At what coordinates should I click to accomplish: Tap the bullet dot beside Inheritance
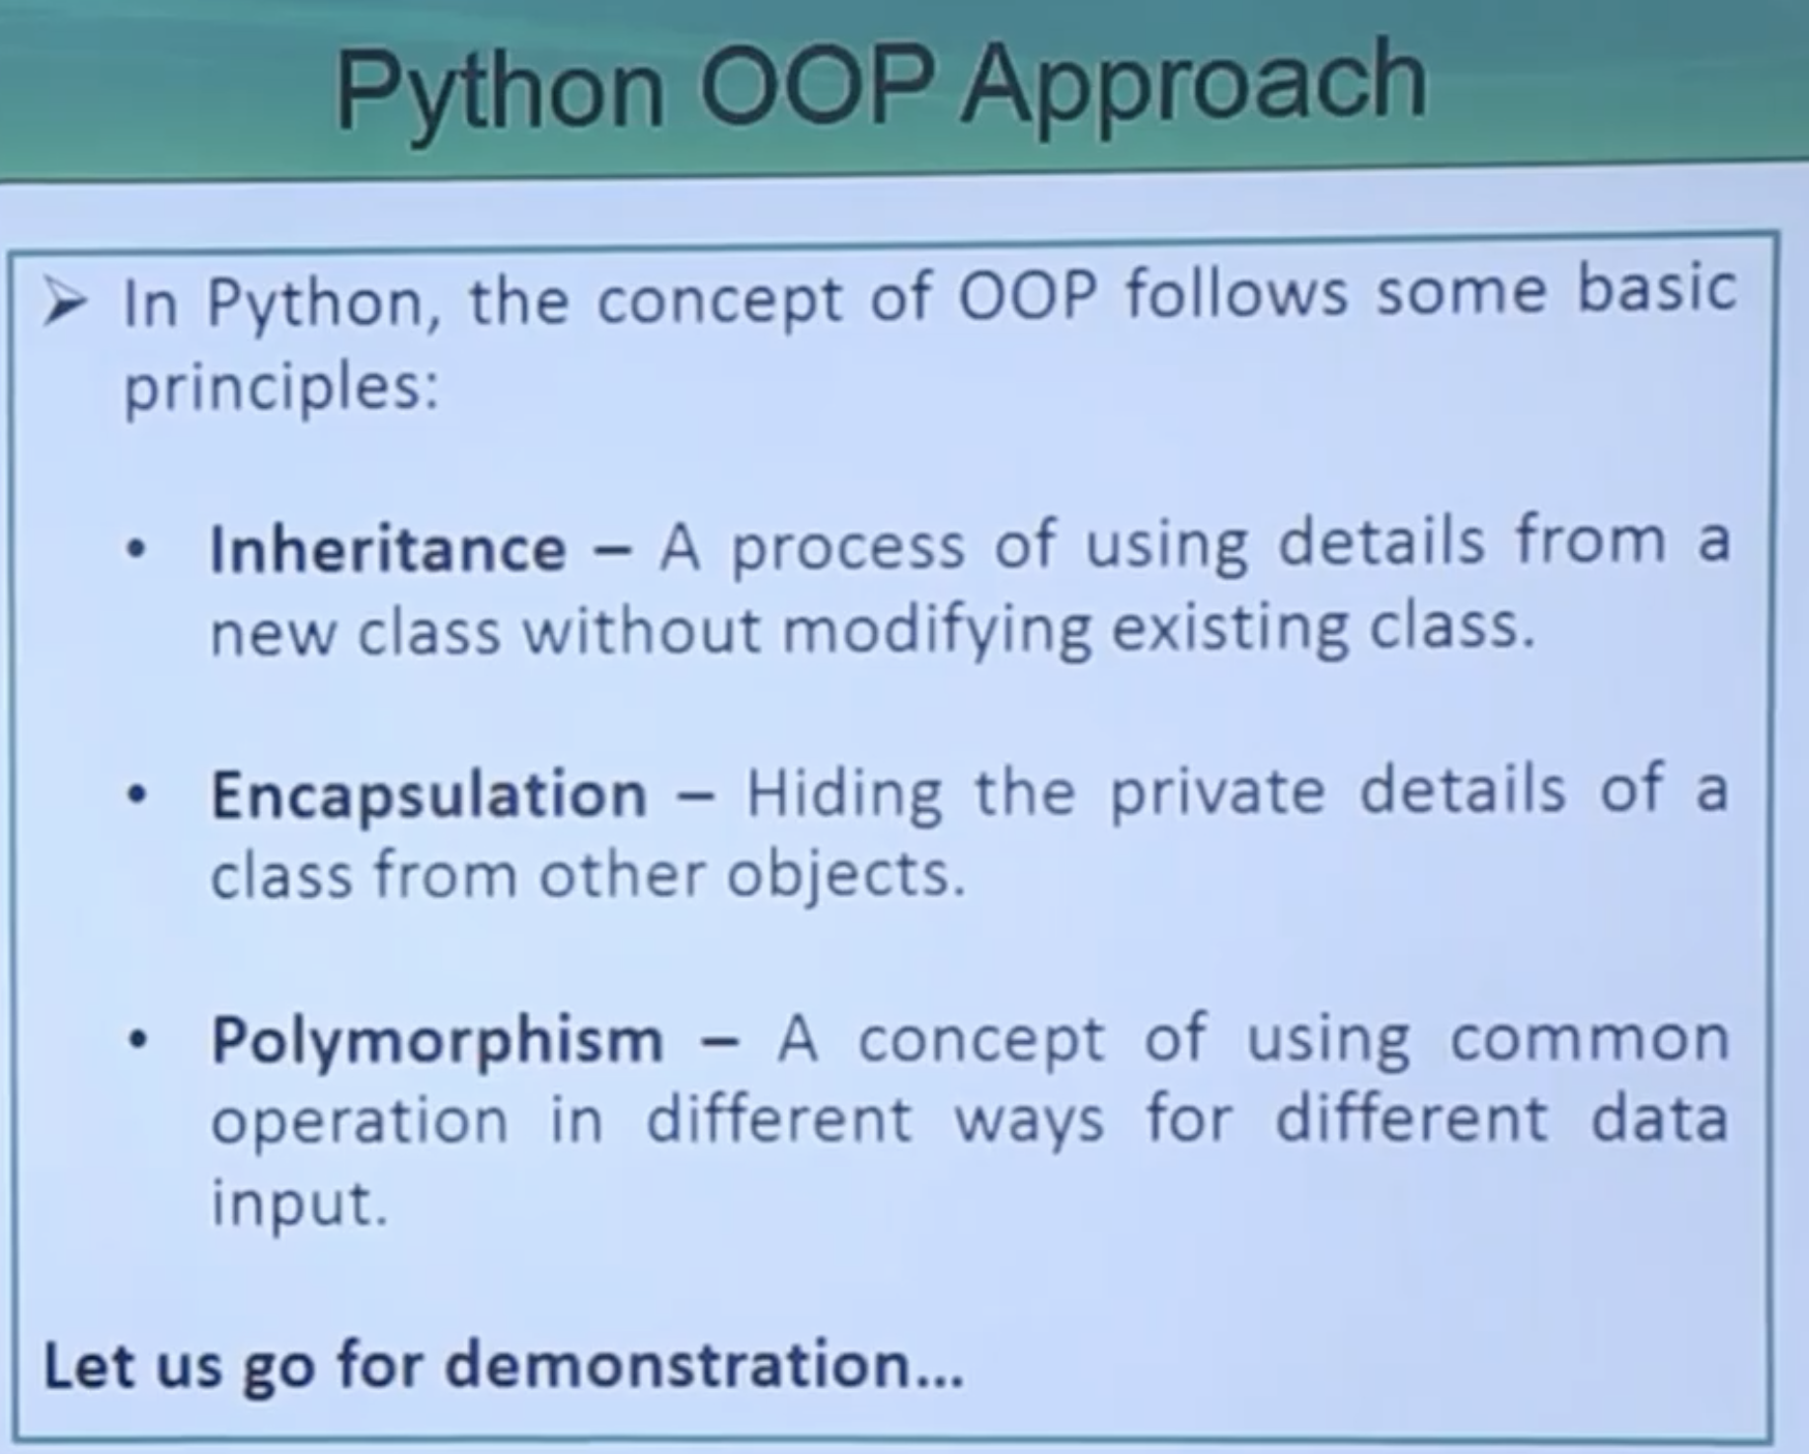[136, 549]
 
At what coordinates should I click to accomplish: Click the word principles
[280, 388]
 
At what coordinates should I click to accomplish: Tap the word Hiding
[844, 794]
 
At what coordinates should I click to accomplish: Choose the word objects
[845, 877]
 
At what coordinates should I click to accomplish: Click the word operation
[359, 1123]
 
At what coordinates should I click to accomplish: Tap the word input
[299, 1204]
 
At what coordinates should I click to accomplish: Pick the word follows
[1237, 293]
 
